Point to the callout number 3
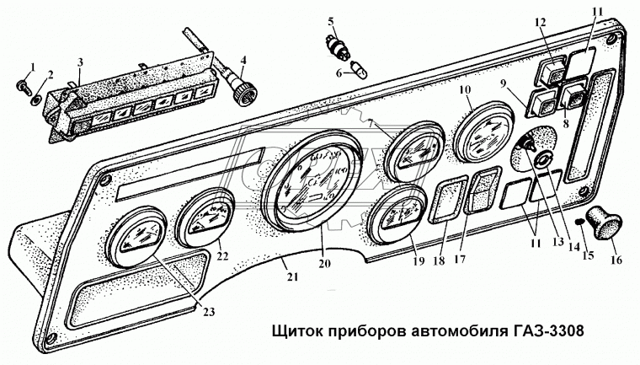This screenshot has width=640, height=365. [x=79, y=62]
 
